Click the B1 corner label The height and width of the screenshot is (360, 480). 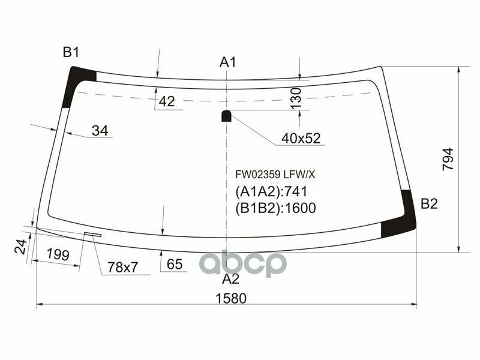tap(71, 53)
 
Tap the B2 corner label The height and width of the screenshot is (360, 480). tap(428, 204)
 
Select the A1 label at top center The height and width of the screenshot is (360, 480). tap(228, 62)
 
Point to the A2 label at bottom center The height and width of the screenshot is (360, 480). tap(230, 279)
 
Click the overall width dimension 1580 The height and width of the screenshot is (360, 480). tap(230, 298)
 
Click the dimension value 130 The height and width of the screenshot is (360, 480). tap(296, 98)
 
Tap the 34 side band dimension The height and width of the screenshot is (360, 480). tap(101, 131)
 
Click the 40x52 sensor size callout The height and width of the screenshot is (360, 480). tap(302, 139)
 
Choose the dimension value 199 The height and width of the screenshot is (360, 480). tap(58, 254)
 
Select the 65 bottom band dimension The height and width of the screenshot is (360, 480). tap(174, 265)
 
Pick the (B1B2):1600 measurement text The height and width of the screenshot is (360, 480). tap(274, 208)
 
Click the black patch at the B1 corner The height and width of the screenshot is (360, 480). tap(78, 83)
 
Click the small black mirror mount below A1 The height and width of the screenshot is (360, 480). tap(227, 115)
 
